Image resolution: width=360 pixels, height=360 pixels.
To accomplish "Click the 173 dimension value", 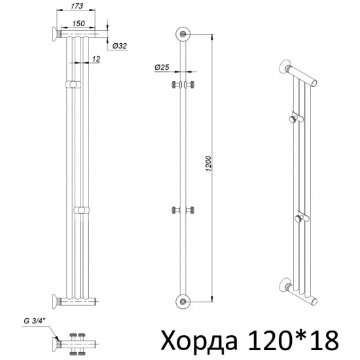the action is (x=77, y=6).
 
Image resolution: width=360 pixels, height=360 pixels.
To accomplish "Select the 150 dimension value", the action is (x=79, y=24).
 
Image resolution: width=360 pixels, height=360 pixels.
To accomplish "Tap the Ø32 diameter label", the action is (x=119, y=46).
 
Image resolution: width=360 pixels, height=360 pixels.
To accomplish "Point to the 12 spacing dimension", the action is (x=96, y=59).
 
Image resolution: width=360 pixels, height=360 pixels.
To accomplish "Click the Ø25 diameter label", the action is (x=162, y=67).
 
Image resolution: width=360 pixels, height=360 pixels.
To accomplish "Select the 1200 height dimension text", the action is (x=208, y=164).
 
